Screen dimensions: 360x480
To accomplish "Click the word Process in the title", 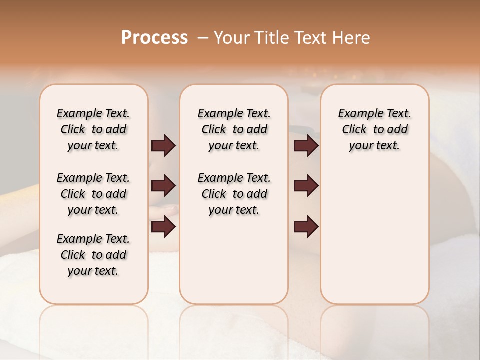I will pos(154,37).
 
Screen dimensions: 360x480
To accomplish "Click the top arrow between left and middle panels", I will pos(163,146).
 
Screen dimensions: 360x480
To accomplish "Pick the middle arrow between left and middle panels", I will pos(163,186).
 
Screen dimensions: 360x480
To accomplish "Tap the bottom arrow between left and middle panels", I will pos(163,227).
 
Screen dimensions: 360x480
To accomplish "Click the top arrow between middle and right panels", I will pos(306,146).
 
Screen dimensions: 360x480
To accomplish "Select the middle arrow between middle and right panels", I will pos(306,186).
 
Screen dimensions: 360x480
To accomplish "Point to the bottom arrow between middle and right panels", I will pos(306,227).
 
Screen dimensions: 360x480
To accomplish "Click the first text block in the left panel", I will pos(93,129).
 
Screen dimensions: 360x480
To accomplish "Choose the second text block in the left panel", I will pos(93,194).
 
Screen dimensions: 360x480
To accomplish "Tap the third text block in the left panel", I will pos(93,255).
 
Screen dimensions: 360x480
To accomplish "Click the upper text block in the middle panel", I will pos(234,129).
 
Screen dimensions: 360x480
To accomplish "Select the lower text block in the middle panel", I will pos(234,194).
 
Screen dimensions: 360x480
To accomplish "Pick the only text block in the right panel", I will pos(375,129).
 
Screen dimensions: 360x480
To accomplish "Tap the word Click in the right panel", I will pos(354,130).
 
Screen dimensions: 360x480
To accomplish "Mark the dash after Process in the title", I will pos(203,38).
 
